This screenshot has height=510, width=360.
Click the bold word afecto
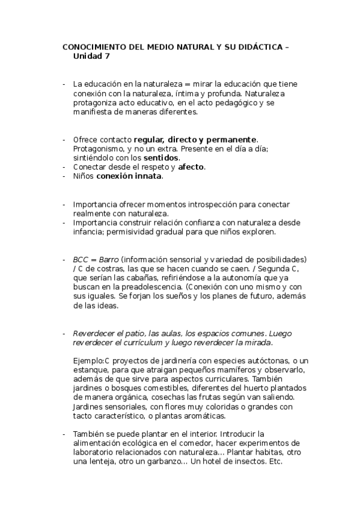[x=192, y=167]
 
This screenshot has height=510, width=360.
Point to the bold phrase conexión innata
[x=129, y=176]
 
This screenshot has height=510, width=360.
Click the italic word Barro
[x=108, y=259]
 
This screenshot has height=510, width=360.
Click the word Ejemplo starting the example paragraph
[x=88, y=360]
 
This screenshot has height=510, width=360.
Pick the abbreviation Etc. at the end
[x=274, y=462]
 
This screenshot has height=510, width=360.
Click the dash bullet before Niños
[x=64, y=176]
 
